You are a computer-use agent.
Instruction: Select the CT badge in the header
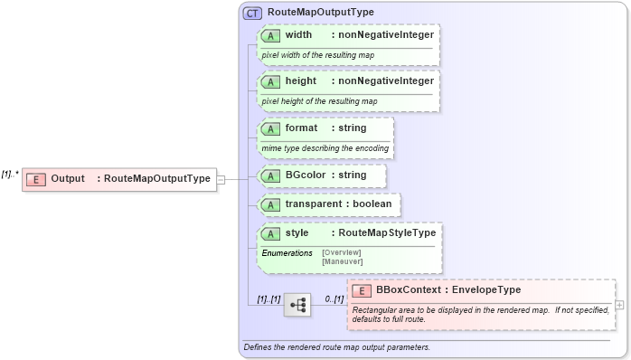pos(253,13)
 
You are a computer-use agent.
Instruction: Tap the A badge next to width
pos(270,35)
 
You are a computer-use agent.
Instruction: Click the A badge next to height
pos(270,81)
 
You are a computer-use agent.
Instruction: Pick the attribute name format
pos(301,128)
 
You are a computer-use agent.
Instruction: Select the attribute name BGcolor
pos(306,175)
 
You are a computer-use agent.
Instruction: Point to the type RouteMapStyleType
pos(382,233)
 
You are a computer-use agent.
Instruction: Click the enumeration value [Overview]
pos(342,252)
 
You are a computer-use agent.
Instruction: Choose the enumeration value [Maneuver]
pos(343,261)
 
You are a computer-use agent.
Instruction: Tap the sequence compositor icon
pos(297,306)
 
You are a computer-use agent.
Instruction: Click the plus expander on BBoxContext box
pos(619,305)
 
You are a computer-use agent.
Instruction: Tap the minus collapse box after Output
pos(221,179)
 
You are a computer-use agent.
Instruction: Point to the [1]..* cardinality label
pos(11,174)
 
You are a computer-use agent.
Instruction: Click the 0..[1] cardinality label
pos(334,298)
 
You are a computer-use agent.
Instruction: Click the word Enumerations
pos(287,252)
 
